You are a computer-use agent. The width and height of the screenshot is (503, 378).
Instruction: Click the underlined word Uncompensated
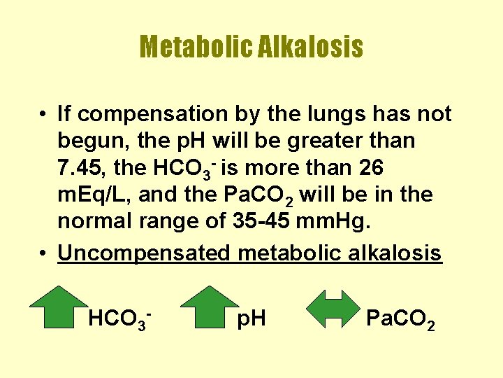point(143,252)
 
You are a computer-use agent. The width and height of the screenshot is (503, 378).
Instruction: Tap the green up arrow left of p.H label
point(209,307)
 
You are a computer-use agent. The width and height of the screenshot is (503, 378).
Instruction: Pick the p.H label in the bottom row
point(251,320)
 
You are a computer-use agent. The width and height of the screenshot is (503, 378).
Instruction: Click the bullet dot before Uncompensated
point(43,252)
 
